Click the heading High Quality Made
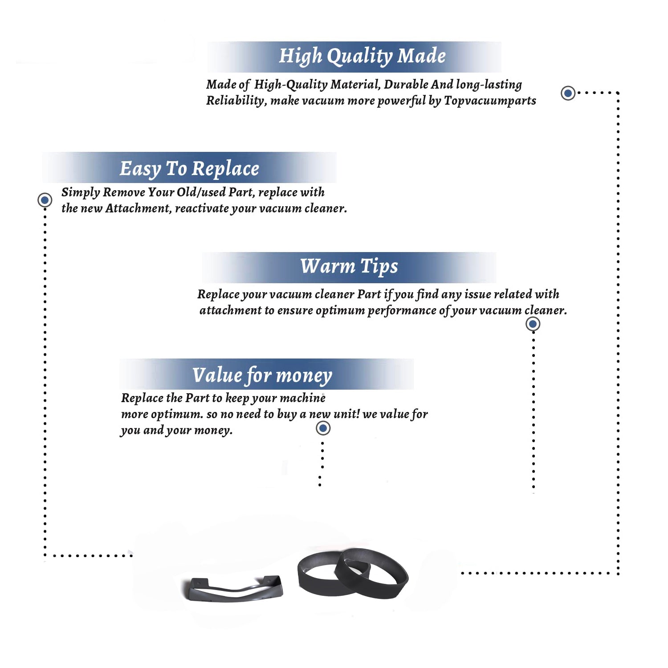point(362,57)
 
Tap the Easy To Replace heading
point(189,169)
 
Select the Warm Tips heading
point(349,266)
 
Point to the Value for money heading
point(262,375)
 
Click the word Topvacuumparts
point(490,101)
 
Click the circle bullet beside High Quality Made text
point(568,93)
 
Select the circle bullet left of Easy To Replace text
point(45,200)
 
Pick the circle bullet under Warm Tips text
point(533,324)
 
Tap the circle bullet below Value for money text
point(323,428)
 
